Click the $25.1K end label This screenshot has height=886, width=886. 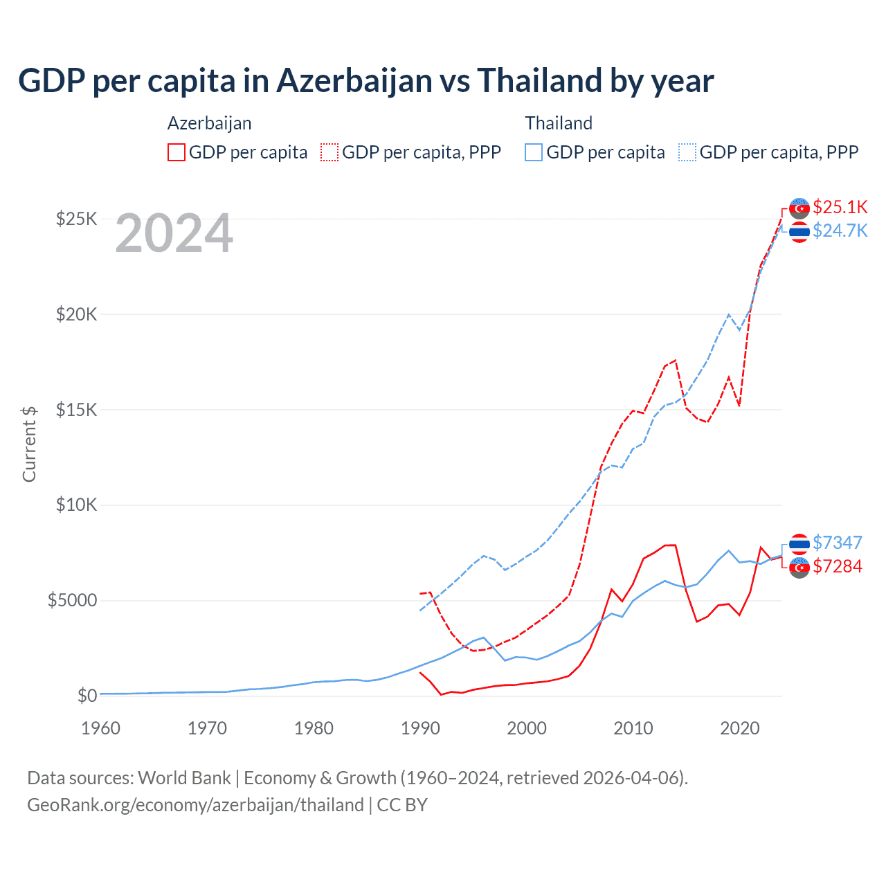[840, 207]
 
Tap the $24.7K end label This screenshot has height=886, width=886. [840, 230]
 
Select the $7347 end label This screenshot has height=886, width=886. [837, 543]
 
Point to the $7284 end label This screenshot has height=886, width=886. [837, 566]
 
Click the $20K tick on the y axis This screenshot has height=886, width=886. [76, 315]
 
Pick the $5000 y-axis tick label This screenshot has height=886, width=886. [72, 600]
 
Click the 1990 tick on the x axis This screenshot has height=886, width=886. [420, 728]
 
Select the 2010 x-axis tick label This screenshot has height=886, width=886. [633, 728]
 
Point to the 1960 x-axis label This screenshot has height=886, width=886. [101, 728]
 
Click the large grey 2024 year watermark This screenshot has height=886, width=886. [174, 234]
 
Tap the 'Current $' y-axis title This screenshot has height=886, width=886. [29, 444]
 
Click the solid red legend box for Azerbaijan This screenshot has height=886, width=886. [177, 152]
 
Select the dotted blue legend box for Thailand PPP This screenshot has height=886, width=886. [687, 152]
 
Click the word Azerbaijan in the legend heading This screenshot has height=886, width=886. [209, 123]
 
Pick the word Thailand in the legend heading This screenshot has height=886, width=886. [559, 123]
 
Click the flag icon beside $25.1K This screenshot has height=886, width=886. [799, 208]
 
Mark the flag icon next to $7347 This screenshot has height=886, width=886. [799, 544]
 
